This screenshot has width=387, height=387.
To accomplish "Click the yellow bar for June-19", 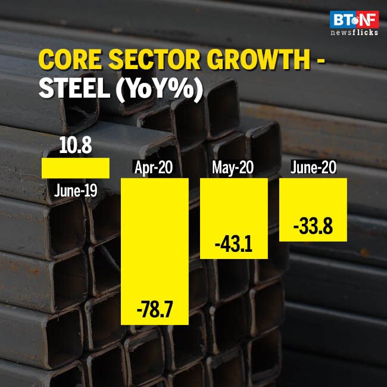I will click(x=75, y=168).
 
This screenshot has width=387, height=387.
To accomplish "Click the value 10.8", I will click(x=75, y=146).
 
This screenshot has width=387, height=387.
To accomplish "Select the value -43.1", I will click(x=233, y=245).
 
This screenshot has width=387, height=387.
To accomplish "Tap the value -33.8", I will click(x=313, y=226).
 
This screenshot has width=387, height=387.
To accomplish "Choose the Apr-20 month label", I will click(x=154, y=168).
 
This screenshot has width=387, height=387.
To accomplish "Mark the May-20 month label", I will click(x=233, y=168).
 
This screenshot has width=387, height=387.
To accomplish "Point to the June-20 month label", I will click(x=313, y=168).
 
